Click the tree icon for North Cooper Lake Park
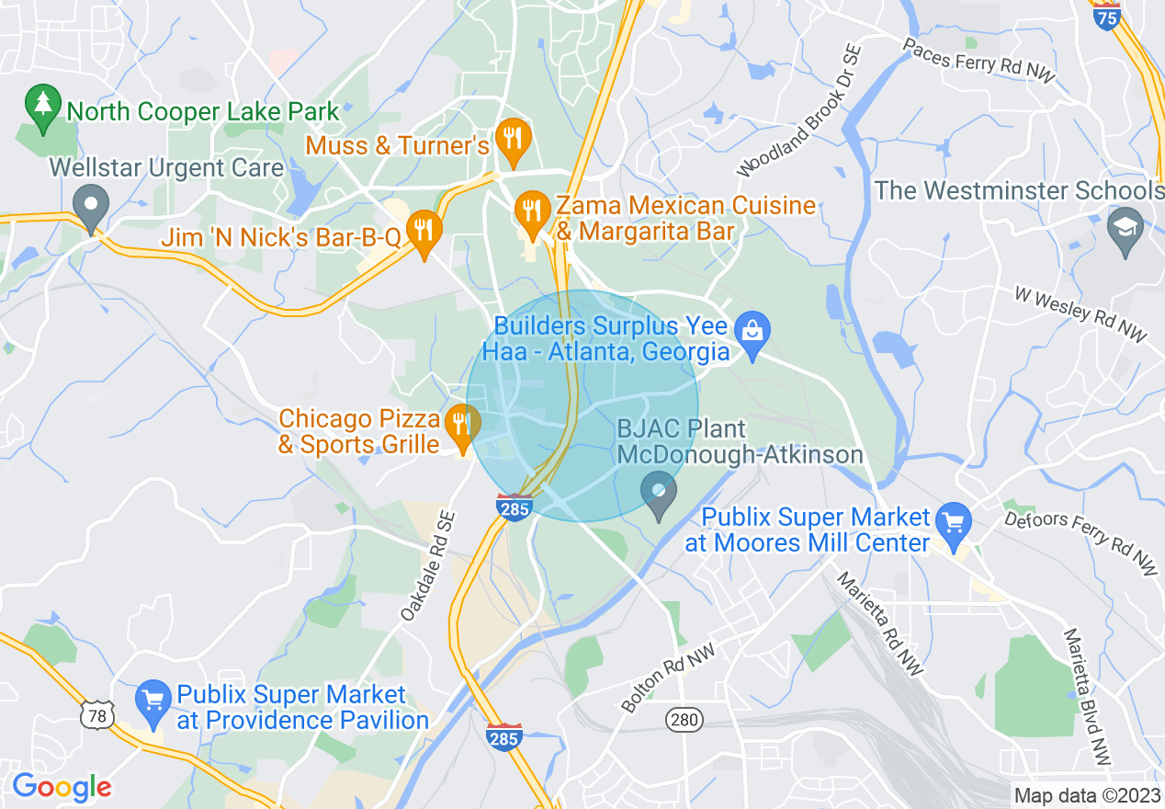click(42, 108)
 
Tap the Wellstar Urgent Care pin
click(91, 207)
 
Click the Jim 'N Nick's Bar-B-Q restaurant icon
click(423, 232)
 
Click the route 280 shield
click(684, 720)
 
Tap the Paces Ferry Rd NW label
click(978, 61)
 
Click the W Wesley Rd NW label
click(1080, 314)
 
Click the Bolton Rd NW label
click(668, 678)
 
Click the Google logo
click(62, 788)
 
